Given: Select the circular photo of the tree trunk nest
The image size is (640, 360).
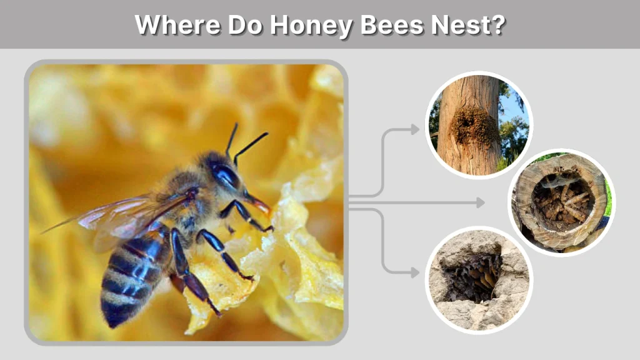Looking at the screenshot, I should point(479,124).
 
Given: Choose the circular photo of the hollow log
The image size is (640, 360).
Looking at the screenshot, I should point(561,202).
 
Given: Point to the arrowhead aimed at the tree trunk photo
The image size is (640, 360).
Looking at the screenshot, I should point(414,129).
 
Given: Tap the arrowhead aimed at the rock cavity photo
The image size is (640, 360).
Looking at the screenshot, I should point(414,272).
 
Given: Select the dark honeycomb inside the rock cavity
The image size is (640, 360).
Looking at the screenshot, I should point(469,275).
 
